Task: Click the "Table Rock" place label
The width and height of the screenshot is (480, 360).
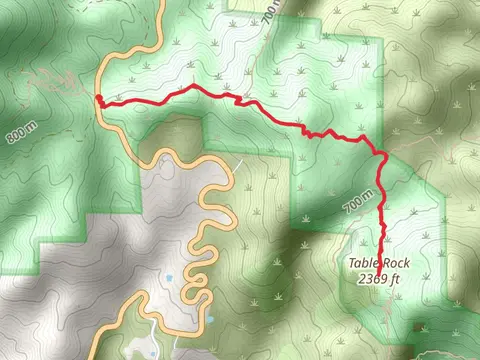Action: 379,264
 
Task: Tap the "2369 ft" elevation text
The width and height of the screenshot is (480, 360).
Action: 379,279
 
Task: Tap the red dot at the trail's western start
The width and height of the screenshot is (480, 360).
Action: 99,98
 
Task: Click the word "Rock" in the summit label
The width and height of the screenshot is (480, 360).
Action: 395,264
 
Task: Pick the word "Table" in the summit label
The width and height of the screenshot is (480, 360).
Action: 363,264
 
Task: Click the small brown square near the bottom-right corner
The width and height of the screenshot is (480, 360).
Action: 418,327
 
